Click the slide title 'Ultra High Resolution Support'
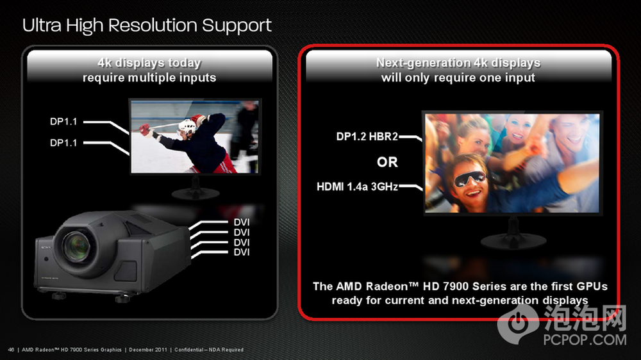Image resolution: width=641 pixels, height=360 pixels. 147,26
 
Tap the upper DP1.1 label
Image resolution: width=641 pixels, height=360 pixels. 63,122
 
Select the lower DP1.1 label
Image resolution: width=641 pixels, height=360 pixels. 63,143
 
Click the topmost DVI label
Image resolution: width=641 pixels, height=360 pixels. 242,222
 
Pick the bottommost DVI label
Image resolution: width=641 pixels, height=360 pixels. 242,252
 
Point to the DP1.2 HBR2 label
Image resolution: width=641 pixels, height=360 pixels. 367,136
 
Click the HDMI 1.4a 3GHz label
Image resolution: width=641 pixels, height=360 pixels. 357,187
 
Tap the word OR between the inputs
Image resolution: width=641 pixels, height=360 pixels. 387,162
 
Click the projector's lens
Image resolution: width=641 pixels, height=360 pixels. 76,247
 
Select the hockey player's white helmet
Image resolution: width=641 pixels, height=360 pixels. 187,126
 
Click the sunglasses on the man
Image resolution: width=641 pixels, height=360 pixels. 469,179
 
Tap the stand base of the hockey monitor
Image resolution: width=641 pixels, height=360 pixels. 196,193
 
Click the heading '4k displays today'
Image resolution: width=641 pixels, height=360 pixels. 149,63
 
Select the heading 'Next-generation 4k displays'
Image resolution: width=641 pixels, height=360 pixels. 458,63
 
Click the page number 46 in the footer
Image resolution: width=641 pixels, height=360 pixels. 11,350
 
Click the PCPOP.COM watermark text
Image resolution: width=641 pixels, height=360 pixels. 585,340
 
